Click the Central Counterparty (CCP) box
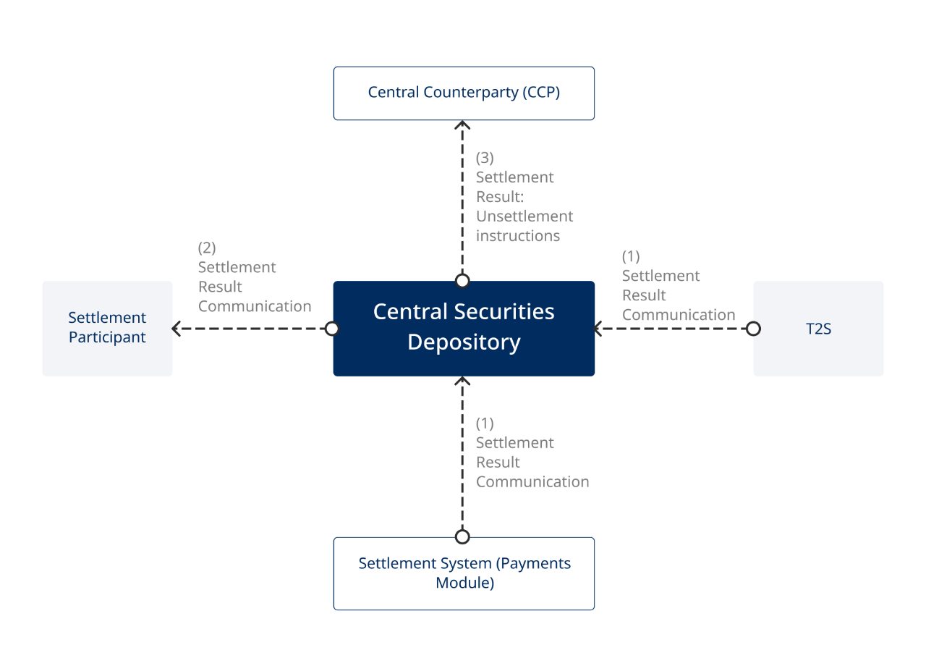[x=463, y=93]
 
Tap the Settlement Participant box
[x=107, y=328]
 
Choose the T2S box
[x=818, y=328]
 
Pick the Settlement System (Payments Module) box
[x=463, y=573]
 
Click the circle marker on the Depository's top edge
[x=462, y=281]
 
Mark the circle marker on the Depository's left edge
[x=332, y=329]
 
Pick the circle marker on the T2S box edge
[x=753, y=329]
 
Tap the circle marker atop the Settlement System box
[x=462, y=536]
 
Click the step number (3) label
[x=485, y=158]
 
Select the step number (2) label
[x=207, y=248]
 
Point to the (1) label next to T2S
[x=631, y=256]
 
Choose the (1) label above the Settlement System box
[x=485, y=423]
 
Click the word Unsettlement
[x=524, y=216]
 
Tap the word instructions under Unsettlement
[x=517, y=236]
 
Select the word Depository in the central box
[x=463, y=342]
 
